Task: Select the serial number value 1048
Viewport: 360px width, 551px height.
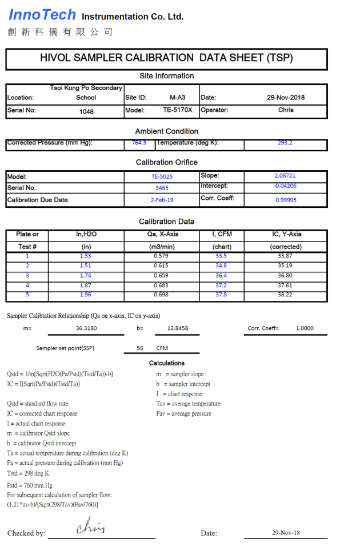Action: pyautogui.click(x=86, y=111)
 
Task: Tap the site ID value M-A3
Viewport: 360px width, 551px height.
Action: pyautogui.click(x=177, y=98)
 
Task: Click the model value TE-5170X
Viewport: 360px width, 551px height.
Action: pyautogui.click(x=177, y=110)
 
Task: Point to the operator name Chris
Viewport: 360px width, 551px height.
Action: pyautogui.click(x=286, y=110)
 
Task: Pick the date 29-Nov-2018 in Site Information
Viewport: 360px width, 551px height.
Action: pyautogui.click(x=286, y=98)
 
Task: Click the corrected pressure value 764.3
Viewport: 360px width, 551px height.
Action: pyautogui.click(x=139, y=143)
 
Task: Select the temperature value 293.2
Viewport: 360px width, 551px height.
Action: pyautogui.click(x=285, y=143)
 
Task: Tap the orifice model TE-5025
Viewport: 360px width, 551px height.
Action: pyautogui.click(x=162, y=177)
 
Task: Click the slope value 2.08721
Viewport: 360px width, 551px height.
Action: pyautogui.click(x=285, y=176)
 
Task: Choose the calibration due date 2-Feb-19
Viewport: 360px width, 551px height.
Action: pyautogui.click(x=162, y=200)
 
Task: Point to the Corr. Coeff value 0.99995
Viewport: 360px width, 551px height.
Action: pyautogui.click(x=285, y=200)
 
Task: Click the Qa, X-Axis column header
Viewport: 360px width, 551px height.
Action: pyautogui.click(x=161, y=235)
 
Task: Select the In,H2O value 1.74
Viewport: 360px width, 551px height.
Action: pyautogui.click(x=86, y=275)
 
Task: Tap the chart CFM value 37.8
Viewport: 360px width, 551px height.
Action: pyautogui.click(x=221, y=295)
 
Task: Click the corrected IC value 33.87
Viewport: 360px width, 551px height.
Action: pyautogui.click(x=285, y=256)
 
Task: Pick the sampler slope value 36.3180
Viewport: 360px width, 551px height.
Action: pyautogui.click(x=86, y=328)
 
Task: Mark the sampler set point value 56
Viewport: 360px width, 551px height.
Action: pyautogui.click(x=140, y=348)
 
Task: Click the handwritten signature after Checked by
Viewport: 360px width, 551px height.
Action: pyautogui.click(x=91, y=527)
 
